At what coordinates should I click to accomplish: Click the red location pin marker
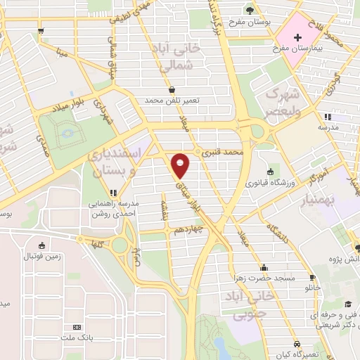[181, 165]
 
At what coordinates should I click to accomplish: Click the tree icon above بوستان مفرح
[250, 10]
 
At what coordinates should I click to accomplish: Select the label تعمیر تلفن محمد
[172, 101]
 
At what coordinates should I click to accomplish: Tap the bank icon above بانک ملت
[77, 327]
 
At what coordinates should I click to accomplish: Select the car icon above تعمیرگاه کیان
[298, 344]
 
